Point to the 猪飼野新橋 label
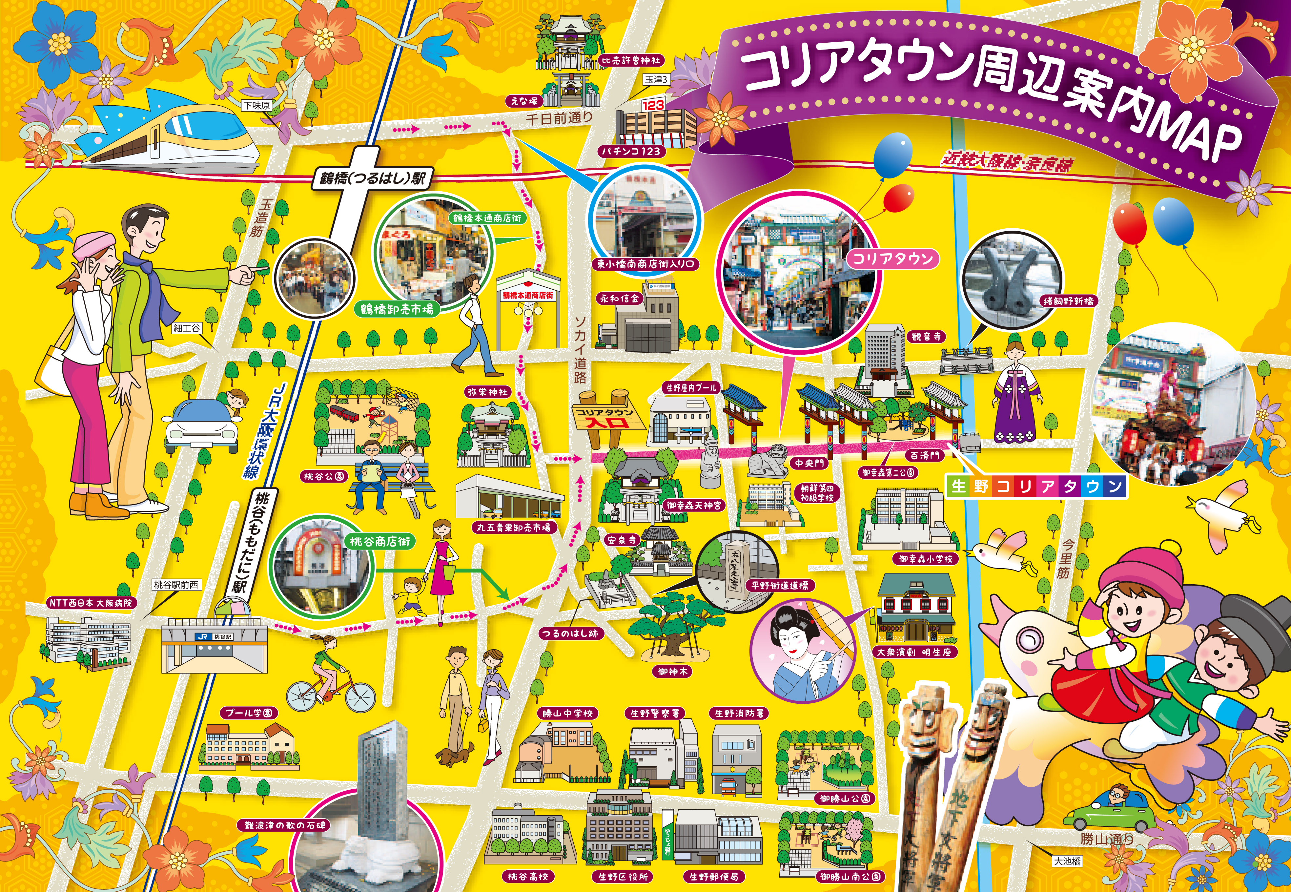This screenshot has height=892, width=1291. pyautogui.click(x=1068, y=301)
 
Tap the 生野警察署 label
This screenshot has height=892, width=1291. pyautogui.click(x=655, y=713)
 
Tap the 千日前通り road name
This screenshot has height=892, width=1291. pyautogui.click(x=559, y=118)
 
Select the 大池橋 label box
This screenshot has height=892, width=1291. pyautogui.click(x=1067, y=861)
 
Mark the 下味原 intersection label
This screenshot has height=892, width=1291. pyautogui.click(x=257, y=105)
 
